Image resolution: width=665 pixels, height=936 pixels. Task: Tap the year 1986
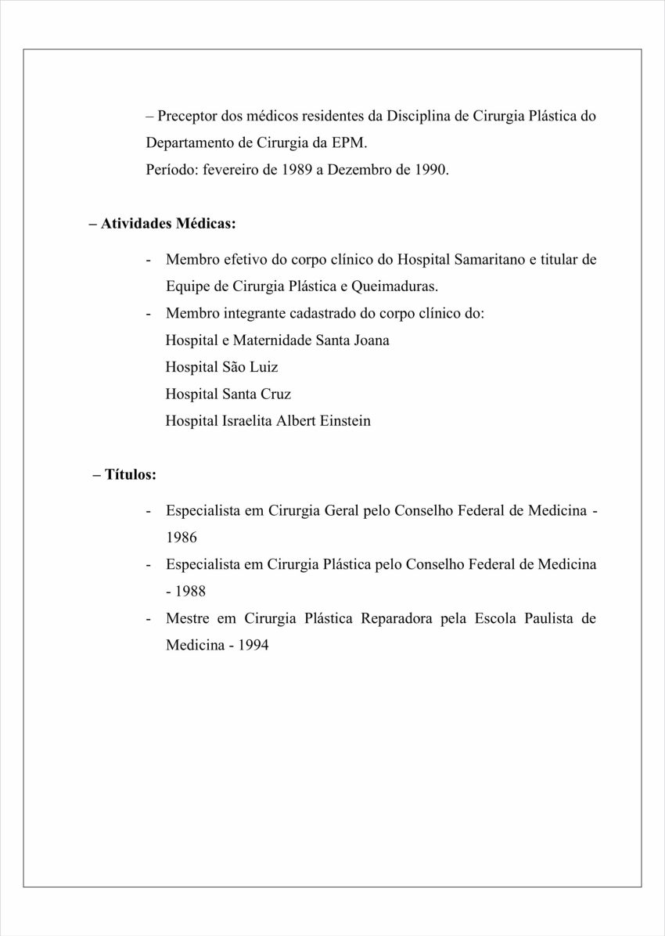(182, 538)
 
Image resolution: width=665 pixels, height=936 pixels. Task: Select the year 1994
(253, 646)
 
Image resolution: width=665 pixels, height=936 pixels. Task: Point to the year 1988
(191, 592)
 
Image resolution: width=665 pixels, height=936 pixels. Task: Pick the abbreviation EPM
(349, 143)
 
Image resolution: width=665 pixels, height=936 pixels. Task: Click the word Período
(172, 170)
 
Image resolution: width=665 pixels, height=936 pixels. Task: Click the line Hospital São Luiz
(221, 367)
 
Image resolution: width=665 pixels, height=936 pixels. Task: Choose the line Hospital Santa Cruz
(228, 394)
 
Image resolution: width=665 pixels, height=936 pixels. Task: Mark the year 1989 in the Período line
(297, 170)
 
